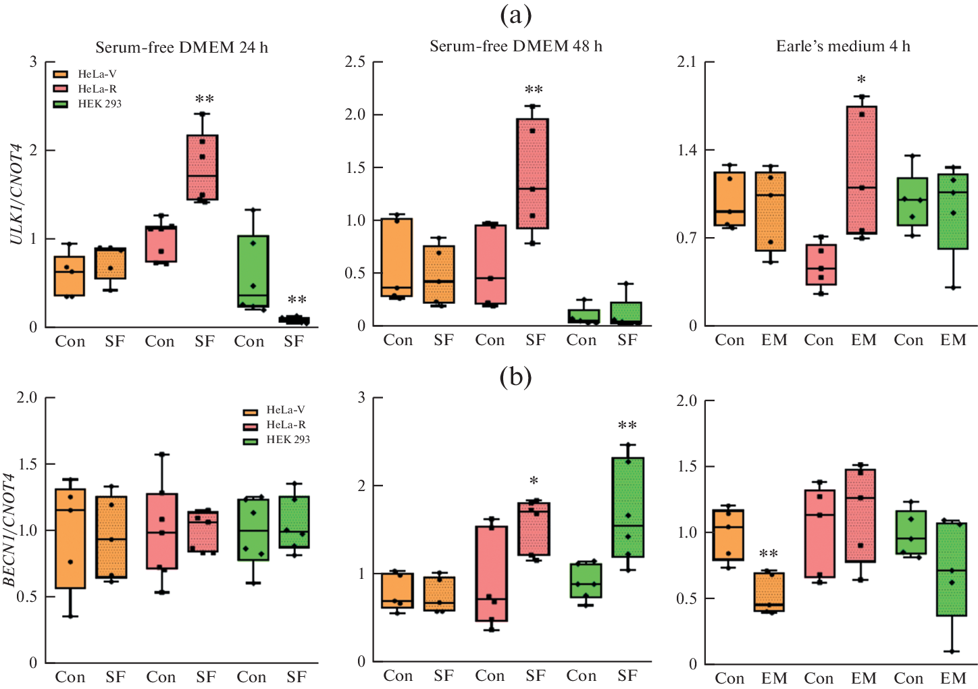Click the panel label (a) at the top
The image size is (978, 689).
coord(515,14)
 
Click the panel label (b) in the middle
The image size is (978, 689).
coord(515,377)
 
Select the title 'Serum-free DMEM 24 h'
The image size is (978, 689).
coord(181,47)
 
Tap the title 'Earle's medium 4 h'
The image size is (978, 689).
coord(843,46)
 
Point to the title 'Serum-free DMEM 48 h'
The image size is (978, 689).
coord(516,46)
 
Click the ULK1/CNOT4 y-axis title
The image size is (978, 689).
coord(17,195)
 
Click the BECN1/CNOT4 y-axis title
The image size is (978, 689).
coord(10,530)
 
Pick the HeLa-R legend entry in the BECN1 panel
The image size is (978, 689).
coord(286,425)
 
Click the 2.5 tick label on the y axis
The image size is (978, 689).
coord(355,62)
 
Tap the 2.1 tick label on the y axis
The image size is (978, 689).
coord(686,62)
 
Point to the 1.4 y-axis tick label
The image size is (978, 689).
coord(686,150)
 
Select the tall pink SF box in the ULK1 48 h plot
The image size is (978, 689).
coord(532,174)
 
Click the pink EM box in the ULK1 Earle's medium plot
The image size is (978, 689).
coord(861,170)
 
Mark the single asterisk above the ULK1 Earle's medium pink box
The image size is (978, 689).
coord(861,80)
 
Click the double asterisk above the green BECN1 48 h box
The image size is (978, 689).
coord(627,426)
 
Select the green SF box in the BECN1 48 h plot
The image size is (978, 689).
coord(627,507)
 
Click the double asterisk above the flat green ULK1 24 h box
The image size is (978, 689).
coord(297,300)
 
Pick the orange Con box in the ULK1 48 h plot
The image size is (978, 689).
coord(396,257)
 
